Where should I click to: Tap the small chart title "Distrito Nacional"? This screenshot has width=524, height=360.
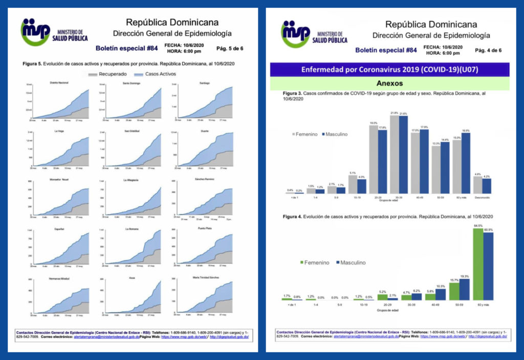pyautogui.click(x=60, y=82)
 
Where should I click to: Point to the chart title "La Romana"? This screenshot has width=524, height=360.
pyautogui.click(x=132, y=229)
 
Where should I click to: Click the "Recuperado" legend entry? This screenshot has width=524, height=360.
pyautogui.click(x=107, y=74)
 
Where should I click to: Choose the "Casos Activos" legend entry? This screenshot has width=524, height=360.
pyautogui.click(x=156, y=74)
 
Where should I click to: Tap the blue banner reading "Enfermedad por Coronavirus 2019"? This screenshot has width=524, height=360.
pyautogui.click(x=389, y=69)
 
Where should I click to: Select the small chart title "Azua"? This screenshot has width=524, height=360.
pyautogui.click(x=132, y=279)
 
